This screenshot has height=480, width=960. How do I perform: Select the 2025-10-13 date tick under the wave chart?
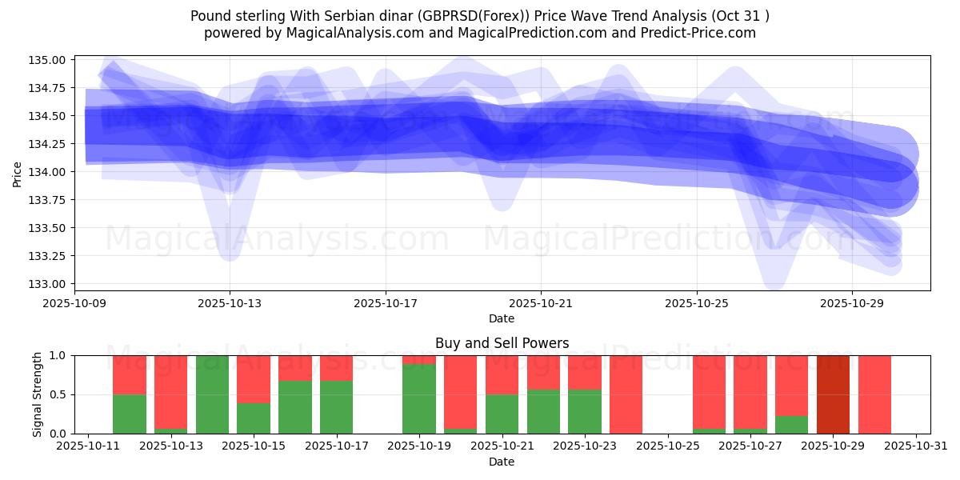(x=230, y=304)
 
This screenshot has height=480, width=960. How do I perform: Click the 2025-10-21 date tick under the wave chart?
(x=541, y=304)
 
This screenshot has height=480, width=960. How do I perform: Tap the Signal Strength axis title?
(x=38, y=394)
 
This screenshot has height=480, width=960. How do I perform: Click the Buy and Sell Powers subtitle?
(x=502, y=343)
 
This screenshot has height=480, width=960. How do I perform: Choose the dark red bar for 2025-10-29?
(x=833, y=394)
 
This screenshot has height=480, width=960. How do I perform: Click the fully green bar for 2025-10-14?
(x=212, y=394)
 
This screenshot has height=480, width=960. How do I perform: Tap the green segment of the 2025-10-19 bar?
(x=419, y=399)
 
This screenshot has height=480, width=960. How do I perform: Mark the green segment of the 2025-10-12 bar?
(x=130, y=414)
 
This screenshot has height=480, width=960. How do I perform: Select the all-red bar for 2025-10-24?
(x=626, y=394)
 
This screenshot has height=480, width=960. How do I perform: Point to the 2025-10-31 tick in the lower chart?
(x=915, y=446)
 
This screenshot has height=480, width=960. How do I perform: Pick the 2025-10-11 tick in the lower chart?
(x=88, y=446)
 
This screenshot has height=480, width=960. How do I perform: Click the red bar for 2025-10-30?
(x=874, y=394)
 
